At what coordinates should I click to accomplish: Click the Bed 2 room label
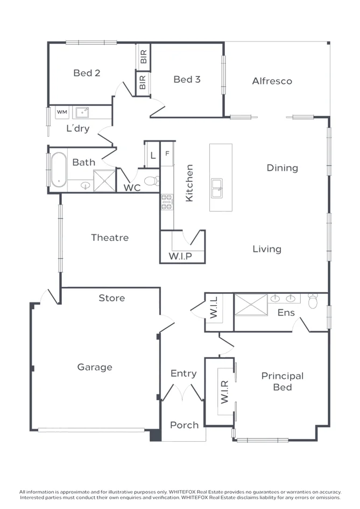pyautogui.click(x=87, y=73)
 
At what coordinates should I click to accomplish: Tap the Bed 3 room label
pyautogui.click(x=187, y=80)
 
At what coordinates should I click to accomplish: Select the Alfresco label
pyautogui.click(x=272, y=81)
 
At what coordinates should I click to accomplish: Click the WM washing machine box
pyautogui.click(x=62, y=112)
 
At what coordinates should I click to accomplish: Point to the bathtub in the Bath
pyautogui.click(x=58, y=169)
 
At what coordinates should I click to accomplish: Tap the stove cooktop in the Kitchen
pyautogui.click(x=166, y=202)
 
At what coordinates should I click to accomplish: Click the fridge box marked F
pyautogui.click(x=167, y=154)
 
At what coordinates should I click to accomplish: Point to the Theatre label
pyautogui.click(x=109, y=237)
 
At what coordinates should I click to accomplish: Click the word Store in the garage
pyautogui.click(x=111, y=298)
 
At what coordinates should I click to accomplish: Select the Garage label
pyautogui.click(x=95, y=367)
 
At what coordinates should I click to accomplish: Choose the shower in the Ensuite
pyautogui.click(x=251, y=305)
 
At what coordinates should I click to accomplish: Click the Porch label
pyautogui.click(x=184, y=425)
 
